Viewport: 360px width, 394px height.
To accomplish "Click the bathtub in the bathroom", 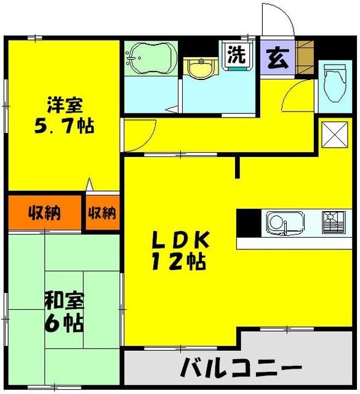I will click(149, 59).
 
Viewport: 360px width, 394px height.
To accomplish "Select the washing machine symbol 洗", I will click(236, 55).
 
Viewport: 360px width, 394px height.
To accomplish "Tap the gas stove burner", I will click(333, 222).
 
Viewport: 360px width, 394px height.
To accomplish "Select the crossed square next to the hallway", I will click(333, 134).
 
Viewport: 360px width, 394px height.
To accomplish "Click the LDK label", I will click(182, 239).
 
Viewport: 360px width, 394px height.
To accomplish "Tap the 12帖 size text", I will click(179, 262).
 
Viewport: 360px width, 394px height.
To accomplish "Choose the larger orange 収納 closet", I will click(44, 214).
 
